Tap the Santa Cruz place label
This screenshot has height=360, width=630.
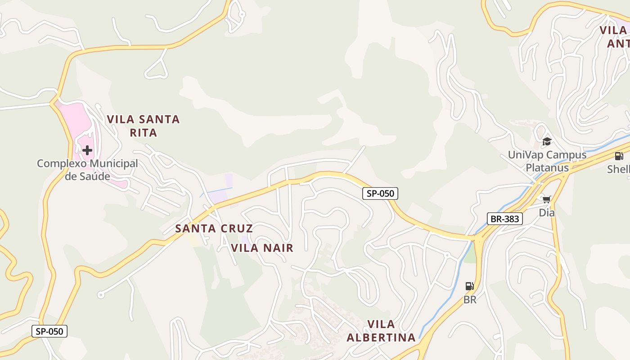(214, 229)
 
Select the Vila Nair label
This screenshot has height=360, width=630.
(262, 248)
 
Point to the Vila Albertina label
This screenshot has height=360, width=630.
(381, 331)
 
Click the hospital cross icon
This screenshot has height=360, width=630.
(87, 150)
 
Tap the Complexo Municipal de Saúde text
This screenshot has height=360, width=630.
(87, 170)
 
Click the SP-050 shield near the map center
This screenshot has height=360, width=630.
(380, 193)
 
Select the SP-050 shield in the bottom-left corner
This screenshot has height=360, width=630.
(49, 332)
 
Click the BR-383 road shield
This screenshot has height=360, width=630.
(505, 219)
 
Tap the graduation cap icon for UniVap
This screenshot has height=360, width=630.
(547, 141)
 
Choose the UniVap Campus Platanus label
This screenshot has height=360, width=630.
(547, 161)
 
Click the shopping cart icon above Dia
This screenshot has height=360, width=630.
(547, 199)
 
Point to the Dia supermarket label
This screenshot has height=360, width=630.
(547, 212)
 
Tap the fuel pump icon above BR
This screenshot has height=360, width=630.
(469, 286)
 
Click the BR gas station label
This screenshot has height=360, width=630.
(469, 300)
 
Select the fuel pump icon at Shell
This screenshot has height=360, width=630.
(619, 156)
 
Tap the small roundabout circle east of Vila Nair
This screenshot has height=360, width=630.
(447, 255)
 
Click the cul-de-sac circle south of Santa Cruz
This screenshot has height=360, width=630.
(101, 295)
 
